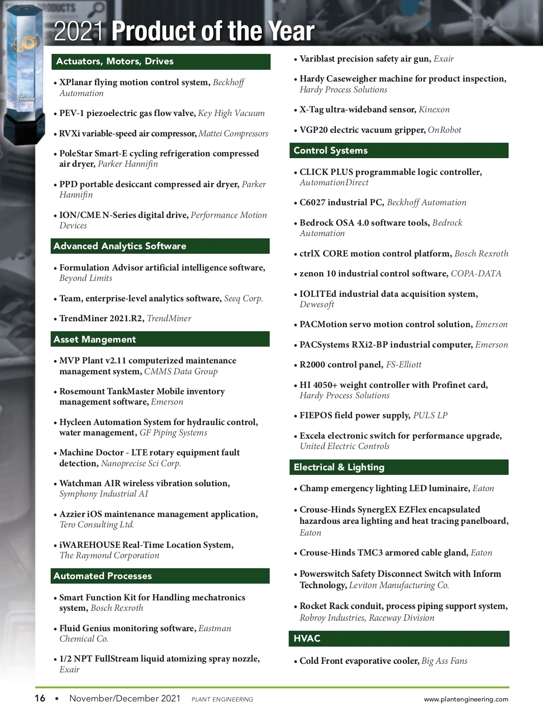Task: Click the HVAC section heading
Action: [307, 638]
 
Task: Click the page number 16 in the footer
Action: [40, 698]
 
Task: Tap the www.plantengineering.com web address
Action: [466, 699]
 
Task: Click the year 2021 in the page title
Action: [78, 31]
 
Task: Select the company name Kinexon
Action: [434, 110]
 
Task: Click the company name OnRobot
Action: [444, 130]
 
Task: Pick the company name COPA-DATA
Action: [476, 274]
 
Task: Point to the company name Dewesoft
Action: [317, 304]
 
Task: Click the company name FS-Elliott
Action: [404, 365]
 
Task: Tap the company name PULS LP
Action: [430, 416]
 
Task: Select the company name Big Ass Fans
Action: [444, 661]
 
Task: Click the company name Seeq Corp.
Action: [243, 299]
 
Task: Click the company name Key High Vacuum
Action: [231, 113]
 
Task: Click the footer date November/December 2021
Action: [125, 698]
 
